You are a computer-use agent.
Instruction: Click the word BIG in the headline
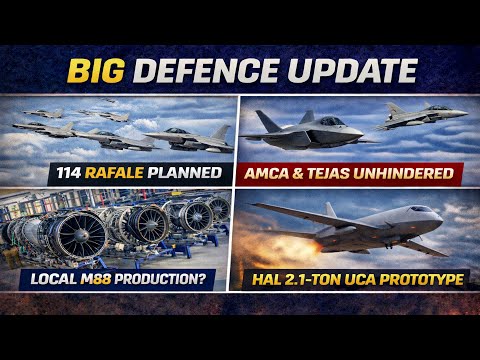point(95,71)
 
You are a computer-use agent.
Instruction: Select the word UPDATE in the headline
point(346,71)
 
